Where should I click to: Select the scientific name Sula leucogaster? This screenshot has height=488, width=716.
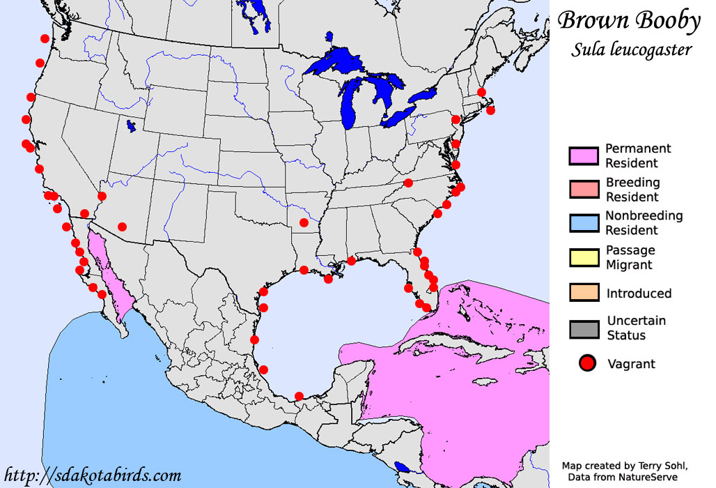coord(632,49)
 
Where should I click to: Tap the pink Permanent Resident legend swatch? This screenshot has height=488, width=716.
coord(584,156)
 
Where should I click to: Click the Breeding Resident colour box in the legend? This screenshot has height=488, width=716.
coord(584,190)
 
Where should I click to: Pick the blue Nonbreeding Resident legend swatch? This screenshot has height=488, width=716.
coord(584,223)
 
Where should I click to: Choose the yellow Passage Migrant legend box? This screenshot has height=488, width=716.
coord(584,257)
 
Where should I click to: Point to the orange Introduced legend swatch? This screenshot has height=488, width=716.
coord(584,293)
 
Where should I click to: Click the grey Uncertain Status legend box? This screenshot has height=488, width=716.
coord(584,328)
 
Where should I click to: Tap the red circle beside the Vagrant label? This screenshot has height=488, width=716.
coord(588,363)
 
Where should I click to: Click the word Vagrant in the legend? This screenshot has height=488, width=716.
coord(631,363)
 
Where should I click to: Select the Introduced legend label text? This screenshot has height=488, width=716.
coord(639,293)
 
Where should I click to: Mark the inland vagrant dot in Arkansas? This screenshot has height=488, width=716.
coord(304,223)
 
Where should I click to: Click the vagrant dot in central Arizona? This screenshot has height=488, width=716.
coord(123,227)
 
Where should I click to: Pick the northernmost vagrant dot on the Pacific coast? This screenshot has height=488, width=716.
coord(45,39)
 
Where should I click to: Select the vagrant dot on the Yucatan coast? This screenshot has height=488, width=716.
coord(299,396)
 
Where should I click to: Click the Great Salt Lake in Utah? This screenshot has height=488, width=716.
coord(130,126)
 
